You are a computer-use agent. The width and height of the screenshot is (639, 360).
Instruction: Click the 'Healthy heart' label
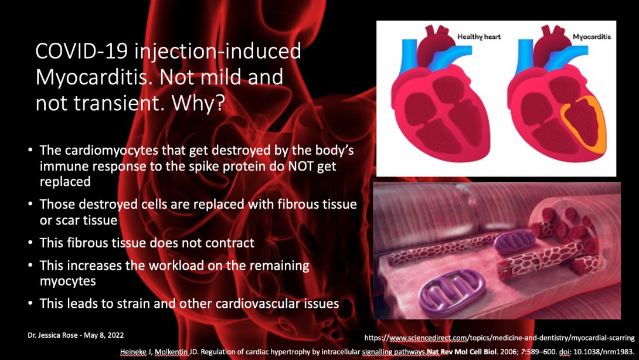tap(479, 37)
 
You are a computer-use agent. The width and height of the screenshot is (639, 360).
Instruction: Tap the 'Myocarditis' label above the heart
tap(592, 37)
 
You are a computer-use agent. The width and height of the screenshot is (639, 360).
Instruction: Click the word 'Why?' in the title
tap(198, 104)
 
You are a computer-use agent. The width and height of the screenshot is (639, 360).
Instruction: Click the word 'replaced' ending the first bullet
tap(65, 182)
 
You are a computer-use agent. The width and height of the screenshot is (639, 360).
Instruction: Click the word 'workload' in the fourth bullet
tap(176, 266)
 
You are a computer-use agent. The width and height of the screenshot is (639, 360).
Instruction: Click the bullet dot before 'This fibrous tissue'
tap(30, 243)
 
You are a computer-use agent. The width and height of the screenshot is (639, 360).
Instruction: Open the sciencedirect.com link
tap(499, 338)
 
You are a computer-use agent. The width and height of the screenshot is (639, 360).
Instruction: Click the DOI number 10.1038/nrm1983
tap(604, 351)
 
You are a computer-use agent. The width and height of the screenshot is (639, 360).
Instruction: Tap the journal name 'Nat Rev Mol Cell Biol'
tap(462, 351)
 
